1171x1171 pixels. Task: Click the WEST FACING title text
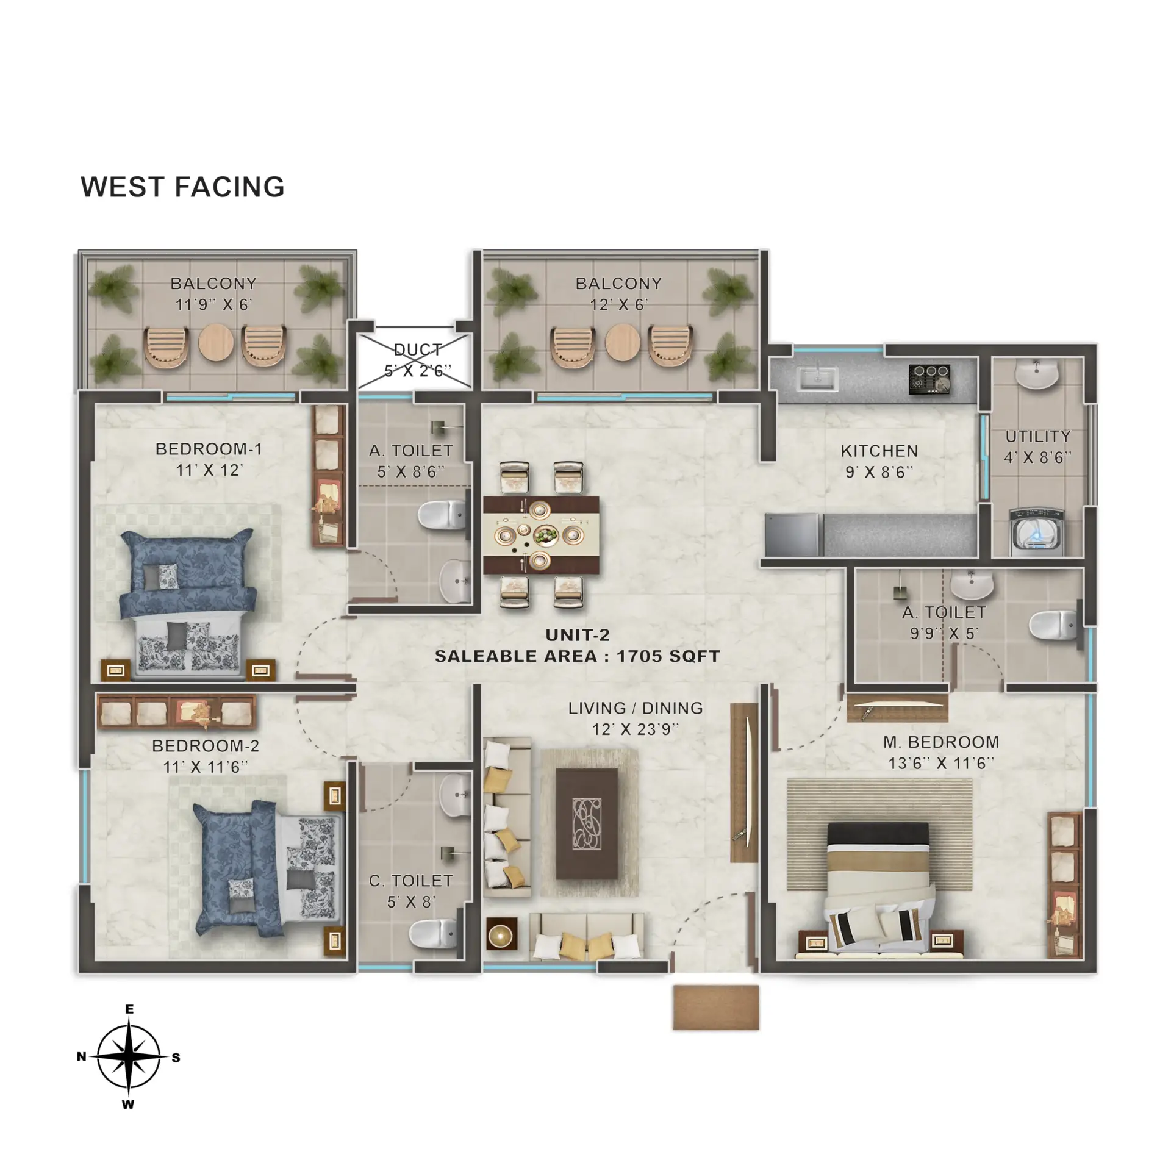point(182,187)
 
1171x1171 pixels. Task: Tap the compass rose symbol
point(129,1056)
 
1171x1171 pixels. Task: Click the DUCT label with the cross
point(418,360)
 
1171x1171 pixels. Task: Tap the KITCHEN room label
point(879,451)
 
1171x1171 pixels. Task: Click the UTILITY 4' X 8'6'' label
point(1037,447)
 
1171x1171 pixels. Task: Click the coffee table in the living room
point(587,823)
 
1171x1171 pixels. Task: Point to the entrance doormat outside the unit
point(716,1008)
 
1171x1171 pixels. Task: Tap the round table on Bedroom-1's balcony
point(216,342)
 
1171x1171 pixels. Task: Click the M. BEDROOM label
point(941,742)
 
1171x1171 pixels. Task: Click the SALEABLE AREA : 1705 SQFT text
point(577,656)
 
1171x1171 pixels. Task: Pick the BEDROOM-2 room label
point(206,746)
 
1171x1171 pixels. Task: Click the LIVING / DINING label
point(636,708)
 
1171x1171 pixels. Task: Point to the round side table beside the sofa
point(502,934)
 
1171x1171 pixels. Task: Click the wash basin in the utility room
point(1036,373)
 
